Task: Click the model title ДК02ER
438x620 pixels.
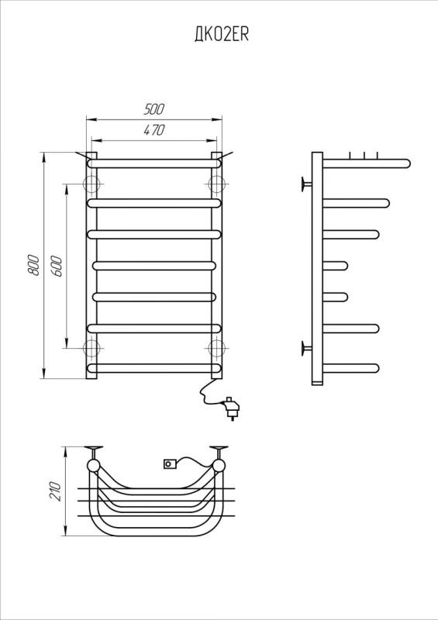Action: [x=221, y=35]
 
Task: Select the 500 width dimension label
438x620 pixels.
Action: [x=154, y=109]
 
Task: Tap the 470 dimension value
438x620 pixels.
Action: [x=154, y=130]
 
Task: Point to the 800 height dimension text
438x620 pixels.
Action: [x=33, y=265]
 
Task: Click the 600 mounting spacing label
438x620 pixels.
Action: [x=56, y=266]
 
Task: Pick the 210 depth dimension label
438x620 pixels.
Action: [x=56, y=491]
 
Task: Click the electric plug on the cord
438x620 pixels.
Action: [x=231, y=408]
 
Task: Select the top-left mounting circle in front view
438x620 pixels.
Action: [x=91, y=184]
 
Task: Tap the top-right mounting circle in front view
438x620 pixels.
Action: [x=216, y=184]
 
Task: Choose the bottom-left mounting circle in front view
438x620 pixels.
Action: [x=91, y=348]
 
